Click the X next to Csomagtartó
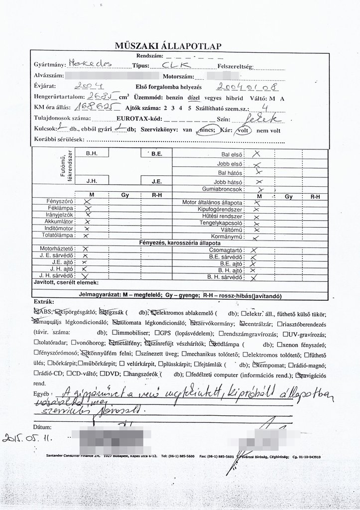point(253,250)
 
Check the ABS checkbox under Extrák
point(36,312)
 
